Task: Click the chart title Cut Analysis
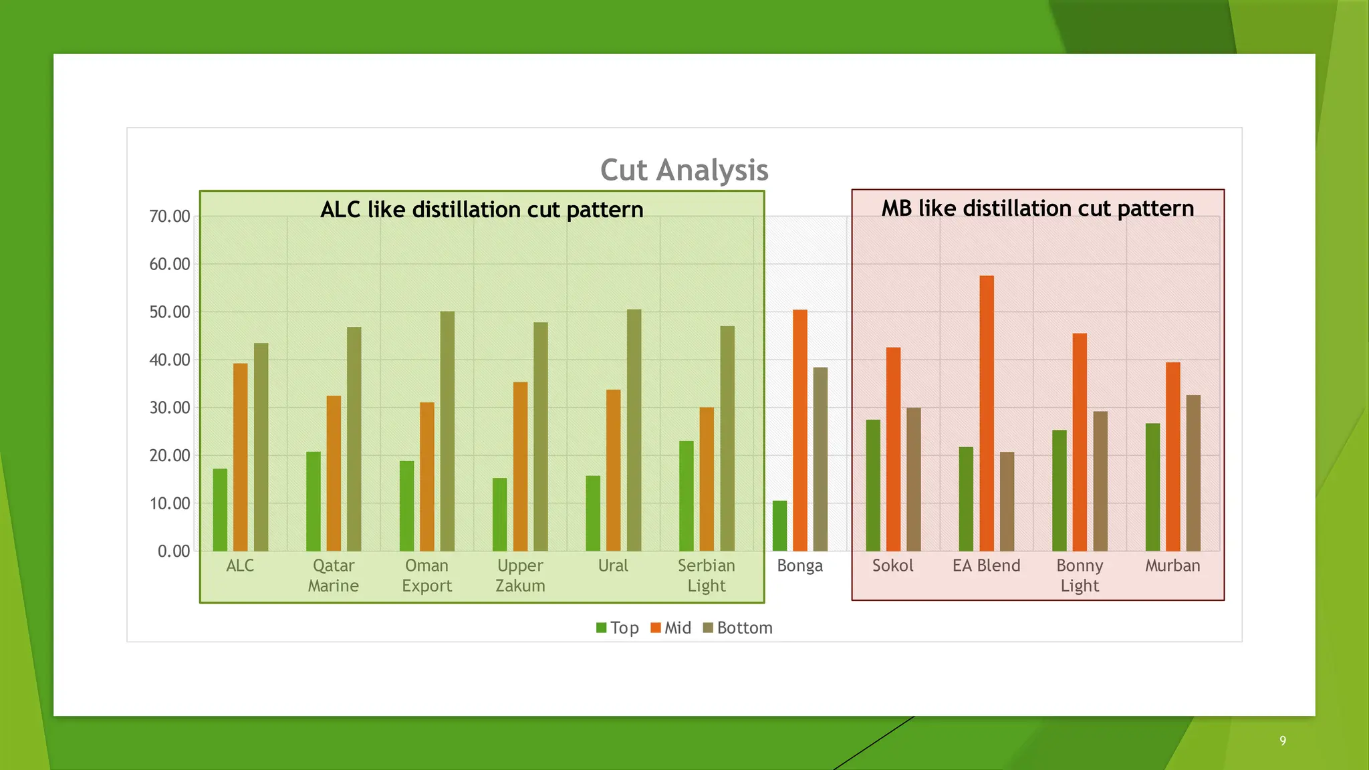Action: [x=684, y=170]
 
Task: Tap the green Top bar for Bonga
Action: [x=779, y=526]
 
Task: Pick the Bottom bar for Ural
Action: [x=634, y=430]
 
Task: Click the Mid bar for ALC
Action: [x=241, y=457]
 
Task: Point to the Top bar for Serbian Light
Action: [x=686, y=496]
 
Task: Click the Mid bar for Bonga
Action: [x=800, y=430]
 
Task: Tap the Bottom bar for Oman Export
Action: [x=447, y=431]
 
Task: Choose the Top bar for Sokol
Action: [x=873, y=485]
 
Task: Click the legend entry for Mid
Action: [x=671, y=628]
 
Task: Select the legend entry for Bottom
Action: [x=738, y=628]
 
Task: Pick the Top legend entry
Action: [x=618, y=628]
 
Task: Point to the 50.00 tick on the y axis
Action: [x=170, y=312]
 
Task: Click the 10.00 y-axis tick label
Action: [x=170, y=503]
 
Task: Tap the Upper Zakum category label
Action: [x=520, y=575]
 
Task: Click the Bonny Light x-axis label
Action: [x=1080, y=575]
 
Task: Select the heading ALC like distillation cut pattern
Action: [x=481, y=210]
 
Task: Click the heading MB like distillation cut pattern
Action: [x=1037, y=209]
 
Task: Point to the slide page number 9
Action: [x=1283, y=740]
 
